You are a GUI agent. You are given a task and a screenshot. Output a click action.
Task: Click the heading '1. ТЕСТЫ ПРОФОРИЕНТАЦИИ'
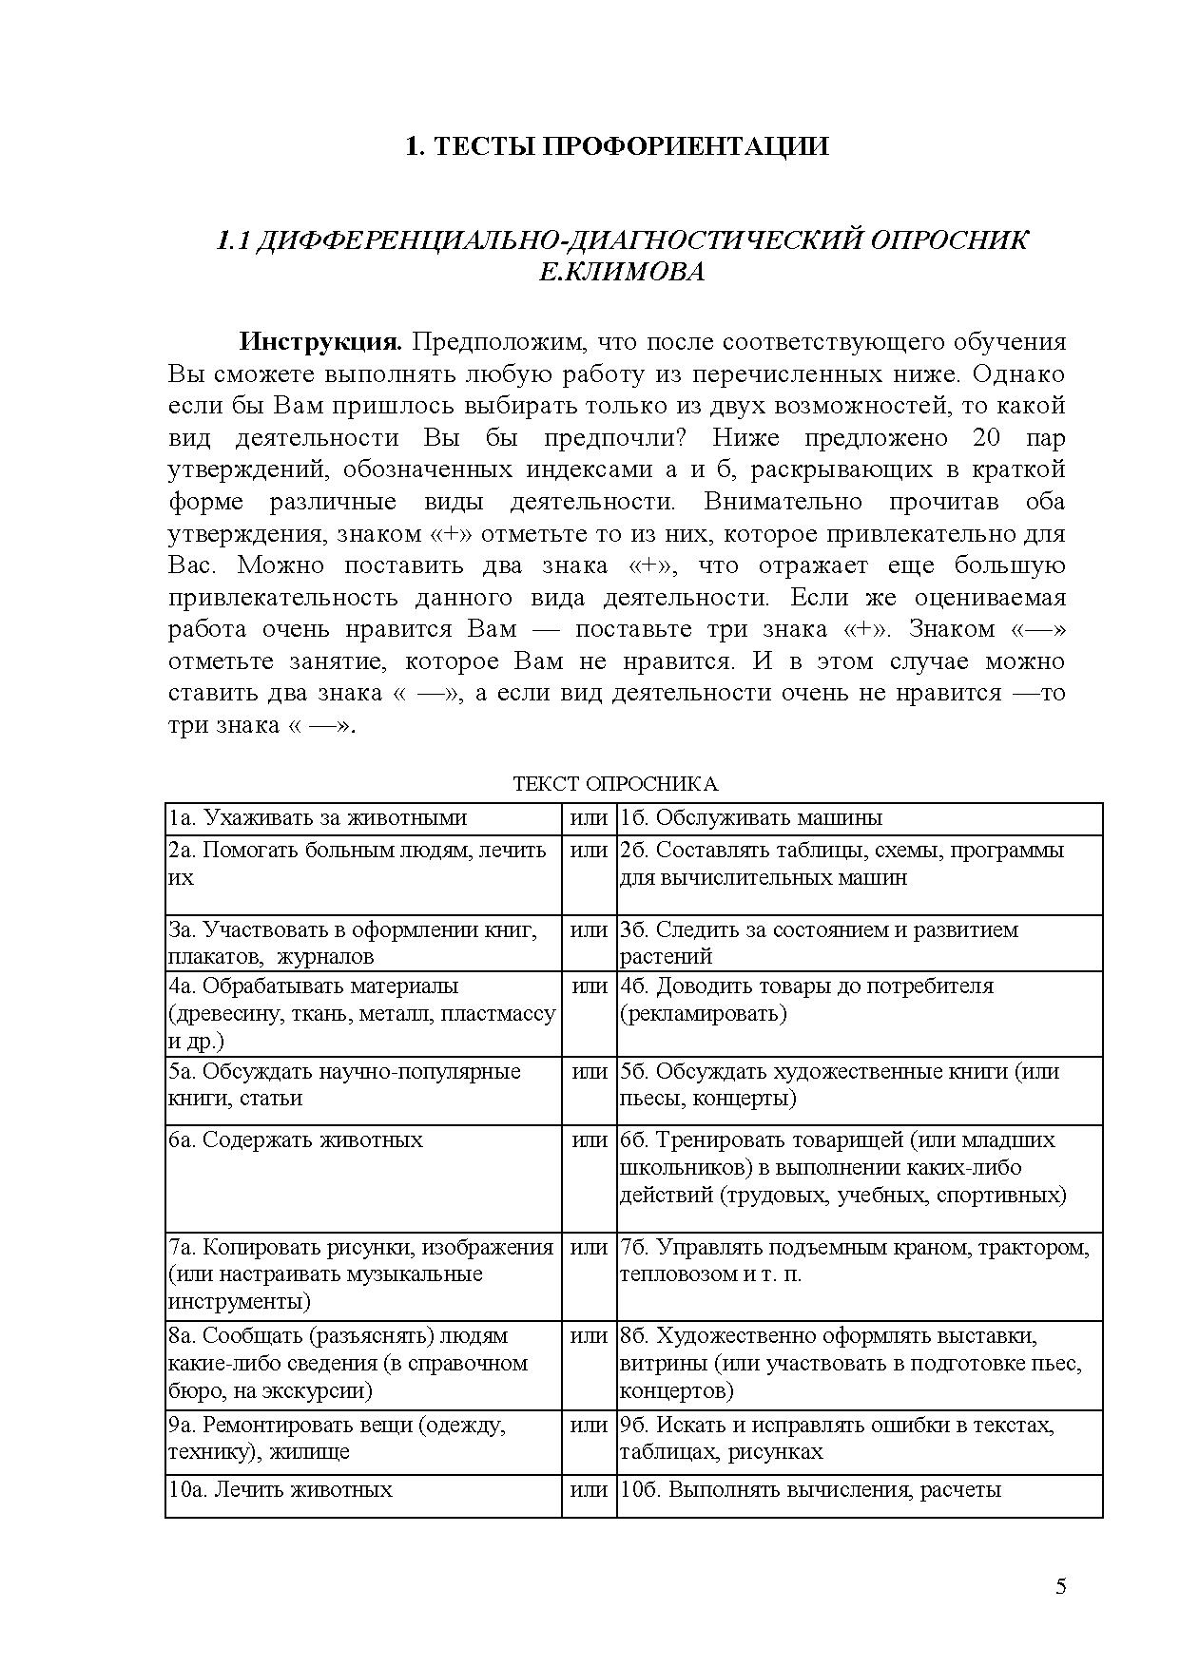(x=617, y=146)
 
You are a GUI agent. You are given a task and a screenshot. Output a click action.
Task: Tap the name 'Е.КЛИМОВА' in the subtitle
(x=622, y=273)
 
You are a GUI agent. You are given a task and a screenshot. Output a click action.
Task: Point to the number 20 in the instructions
(x=988, y=438)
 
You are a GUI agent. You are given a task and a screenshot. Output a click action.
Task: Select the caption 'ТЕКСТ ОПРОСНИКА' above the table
(x=615, y=784)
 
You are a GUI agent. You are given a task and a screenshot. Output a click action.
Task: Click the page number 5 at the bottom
(x=1061, y=1586)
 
